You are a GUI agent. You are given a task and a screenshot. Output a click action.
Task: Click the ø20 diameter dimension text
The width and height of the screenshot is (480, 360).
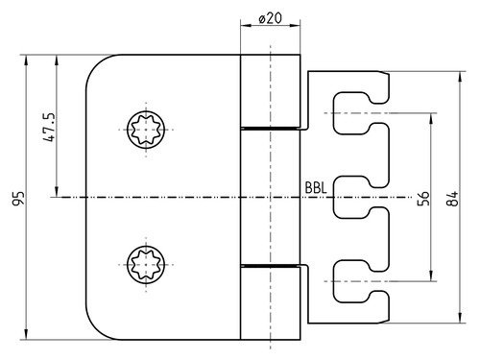271,18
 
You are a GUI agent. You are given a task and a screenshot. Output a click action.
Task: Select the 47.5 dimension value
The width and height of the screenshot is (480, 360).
50,127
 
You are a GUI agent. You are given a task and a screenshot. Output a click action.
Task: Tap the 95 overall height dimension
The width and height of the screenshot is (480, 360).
18,198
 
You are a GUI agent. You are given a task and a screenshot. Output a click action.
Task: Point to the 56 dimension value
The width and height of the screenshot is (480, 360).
423,199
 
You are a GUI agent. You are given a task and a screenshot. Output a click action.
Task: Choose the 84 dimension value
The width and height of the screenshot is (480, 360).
452,199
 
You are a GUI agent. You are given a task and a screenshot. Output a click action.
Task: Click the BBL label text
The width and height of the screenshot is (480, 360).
316,188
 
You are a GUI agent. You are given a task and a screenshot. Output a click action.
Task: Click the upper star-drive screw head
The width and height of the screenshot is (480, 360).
146,130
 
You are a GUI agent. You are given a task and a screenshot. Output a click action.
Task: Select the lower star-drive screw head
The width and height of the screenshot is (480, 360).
146,265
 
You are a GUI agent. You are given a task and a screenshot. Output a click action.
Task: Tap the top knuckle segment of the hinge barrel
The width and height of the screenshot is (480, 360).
271,91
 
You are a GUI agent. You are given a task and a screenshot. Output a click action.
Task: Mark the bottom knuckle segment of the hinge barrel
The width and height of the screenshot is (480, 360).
271,303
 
